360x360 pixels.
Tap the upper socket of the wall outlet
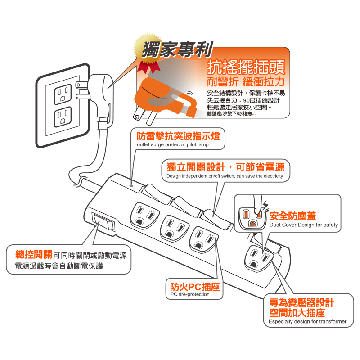pos(63,94)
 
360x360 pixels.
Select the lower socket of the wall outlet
pos(63,117)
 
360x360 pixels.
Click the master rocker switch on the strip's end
pos(103,222)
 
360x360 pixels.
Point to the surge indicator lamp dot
pos(131,185)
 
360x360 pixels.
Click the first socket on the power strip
pos(144,216)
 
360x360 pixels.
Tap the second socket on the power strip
pos(175,229)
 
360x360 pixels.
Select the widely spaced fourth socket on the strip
pos(259,258)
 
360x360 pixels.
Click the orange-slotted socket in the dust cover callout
pos(252,219)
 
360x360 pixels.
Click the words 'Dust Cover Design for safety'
pos(303,225)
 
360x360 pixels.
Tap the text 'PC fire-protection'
pos(190,294)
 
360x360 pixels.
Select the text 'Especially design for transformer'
pos(307,321)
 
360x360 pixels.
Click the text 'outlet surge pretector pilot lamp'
pos(173,144)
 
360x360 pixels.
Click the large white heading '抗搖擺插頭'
pos(246,67)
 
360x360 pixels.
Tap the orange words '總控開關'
pos(33,254)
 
